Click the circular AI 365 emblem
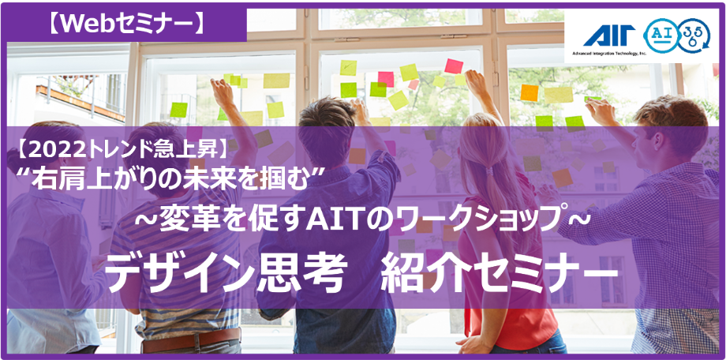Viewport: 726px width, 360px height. pyautogui.click(x=676, y=36)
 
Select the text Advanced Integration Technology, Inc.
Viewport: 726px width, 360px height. pyautogui.click(x=609, y=53)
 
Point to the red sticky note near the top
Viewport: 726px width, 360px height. pyautogui.click(x=454, y=66)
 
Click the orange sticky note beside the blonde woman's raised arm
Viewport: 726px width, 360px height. pyautogui.click(x=529, y=92)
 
